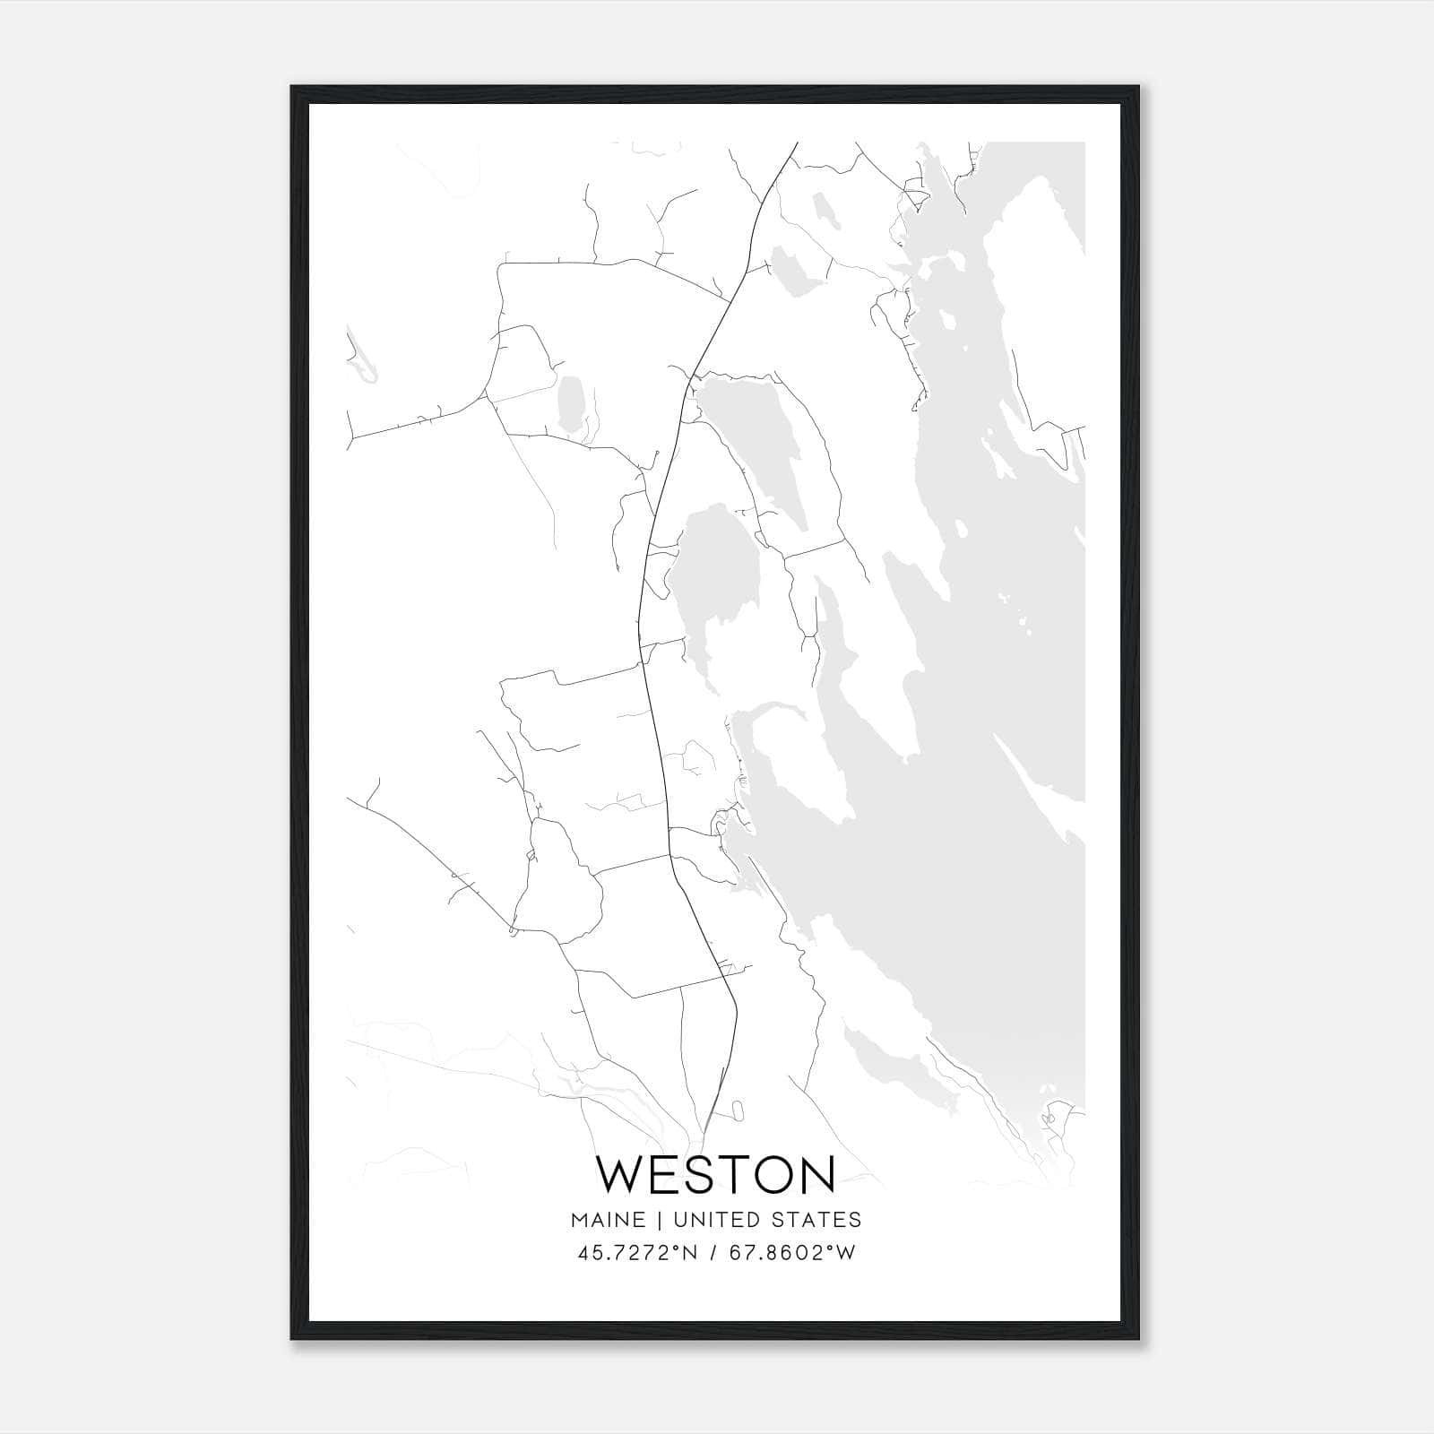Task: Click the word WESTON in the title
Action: pos(715,1174)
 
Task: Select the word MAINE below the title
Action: pos(608,1220)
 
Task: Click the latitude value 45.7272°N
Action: pos(637,1252)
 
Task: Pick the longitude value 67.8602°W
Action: pos(793,1252)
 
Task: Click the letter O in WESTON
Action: pos(760,1174)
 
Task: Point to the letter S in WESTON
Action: pos(688,1174)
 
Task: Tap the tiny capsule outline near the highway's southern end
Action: pos(738,1110)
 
